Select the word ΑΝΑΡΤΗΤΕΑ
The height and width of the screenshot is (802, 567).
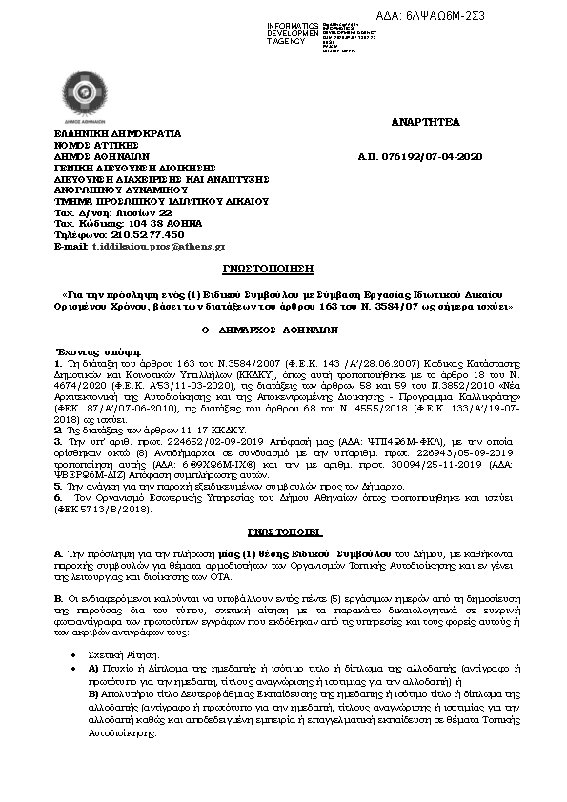425,123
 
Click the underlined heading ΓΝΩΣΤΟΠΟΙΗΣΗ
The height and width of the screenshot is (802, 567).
282,270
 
